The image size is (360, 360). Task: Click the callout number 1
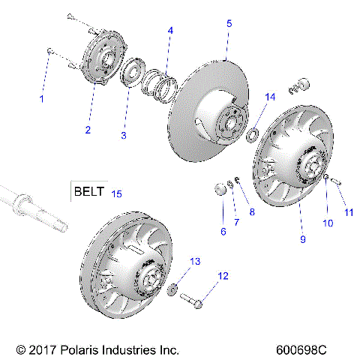point(42,98)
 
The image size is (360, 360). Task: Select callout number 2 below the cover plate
point(88,130)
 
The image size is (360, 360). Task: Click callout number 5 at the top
point(229,24)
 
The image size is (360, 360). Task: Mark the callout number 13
point(196,261)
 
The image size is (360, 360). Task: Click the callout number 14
point(271,96)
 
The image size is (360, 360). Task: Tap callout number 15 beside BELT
point(116,193)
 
